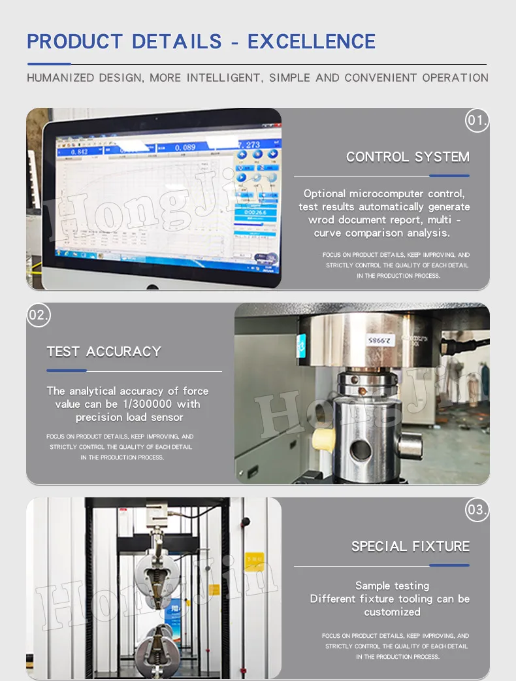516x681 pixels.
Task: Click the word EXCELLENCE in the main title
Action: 312,42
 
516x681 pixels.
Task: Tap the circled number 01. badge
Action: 477,120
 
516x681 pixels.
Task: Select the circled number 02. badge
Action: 39,315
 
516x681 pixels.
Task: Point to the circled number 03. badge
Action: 477,510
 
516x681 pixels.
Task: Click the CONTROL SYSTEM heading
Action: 408,157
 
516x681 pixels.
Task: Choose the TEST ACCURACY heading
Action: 104,352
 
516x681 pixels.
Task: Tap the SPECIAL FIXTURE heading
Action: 410,546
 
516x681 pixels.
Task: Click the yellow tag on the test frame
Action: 254,560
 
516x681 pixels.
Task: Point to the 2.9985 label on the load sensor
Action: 378,340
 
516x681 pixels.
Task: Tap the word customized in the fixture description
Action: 392,612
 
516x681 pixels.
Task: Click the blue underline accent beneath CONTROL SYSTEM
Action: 449,176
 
